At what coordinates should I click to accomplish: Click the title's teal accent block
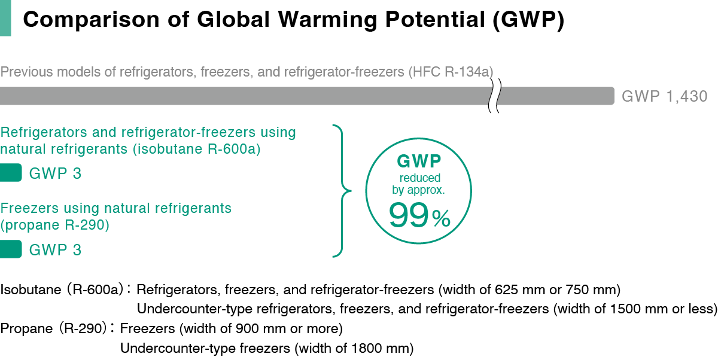[5, 19]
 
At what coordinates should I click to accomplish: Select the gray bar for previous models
[239, 96]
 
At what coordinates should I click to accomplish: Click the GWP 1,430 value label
[665, 96]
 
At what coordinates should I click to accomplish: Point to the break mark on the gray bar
[494, 96]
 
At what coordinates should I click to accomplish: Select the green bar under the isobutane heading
[11, 173]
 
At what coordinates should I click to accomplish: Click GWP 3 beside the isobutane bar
[55, 174]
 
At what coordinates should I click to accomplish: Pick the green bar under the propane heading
[11, 249]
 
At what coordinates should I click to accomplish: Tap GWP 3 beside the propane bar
[55, 249]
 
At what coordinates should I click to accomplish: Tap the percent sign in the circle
[440, 220]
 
